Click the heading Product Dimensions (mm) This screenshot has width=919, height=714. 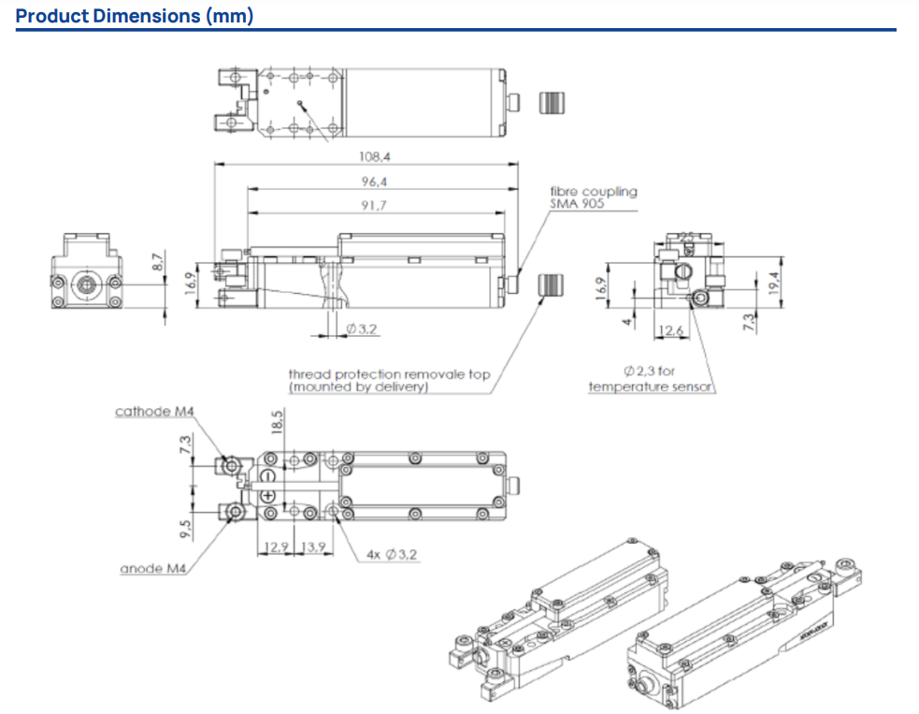coord(135,16)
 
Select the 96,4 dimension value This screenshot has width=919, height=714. coord(374,182)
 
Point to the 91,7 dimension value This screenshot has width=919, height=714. coord(374,206)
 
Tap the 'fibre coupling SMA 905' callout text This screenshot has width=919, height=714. coord(593,197)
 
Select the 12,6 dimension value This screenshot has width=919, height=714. coord(671,329)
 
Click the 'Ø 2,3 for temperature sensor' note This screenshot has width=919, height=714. coord(650,379)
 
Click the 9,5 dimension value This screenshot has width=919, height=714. coord(186,530)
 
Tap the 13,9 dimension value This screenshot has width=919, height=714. coord(314,546)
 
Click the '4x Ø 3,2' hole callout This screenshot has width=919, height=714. coord(392,555)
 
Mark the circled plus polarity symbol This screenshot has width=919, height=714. coord(267,494)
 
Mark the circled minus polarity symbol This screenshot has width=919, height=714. coord(267,476)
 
